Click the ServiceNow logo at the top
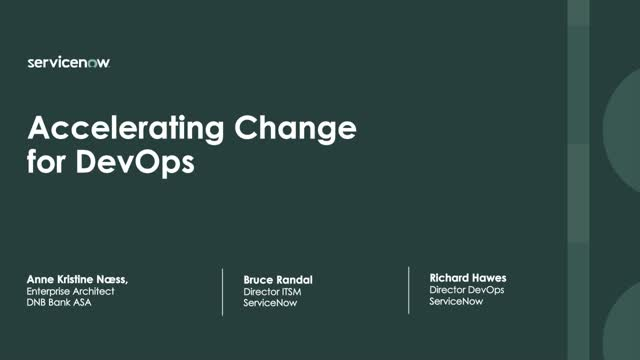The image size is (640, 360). point(69,62)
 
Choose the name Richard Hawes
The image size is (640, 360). point(468,275)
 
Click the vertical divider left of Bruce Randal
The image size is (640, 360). point(223,291)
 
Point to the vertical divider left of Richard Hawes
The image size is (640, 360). point(409,290)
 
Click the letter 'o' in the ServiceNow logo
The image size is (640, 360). point(93,62)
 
